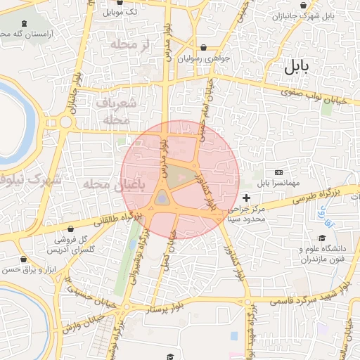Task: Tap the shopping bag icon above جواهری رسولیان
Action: pyautogui.click(x=204, y=48)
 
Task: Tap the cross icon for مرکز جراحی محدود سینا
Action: pyautogui.click(x=245, y=199)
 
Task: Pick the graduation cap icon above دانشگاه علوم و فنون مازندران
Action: pyautogui.click(x=322, y=238)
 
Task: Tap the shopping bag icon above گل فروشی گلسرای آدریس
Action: pyautogui.click(x=72, y=229)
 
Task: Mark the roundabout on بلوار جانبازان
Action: pyautogui.click(x=65, y=122)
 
